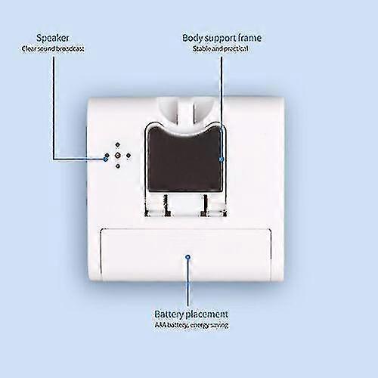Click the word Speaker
point(52,39)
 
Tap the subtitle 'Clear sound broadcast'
point(53,49)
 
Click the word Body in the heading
point(193,39)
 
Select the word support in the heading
point(221,39)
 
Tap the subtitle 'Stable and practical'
point(221,48)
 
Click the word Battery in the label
point(169,314)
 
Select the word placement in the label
point(206,314)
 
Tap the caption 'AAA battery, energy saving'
point(191,326)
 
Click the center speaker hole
point(117,156)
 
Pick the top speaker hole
point(117,144)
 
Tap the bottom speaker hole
point(118,166)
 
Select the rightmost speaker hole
point(129,156)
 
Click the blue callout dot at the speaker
point(106,159)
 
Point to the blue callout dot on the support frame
point(222,160)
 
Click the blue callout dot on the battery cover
point(187,257)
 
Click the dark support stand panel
point(184,159)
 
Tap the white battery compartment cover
point(186,255)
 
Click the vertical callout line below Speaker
point(54,108)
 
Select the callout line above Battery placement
point(187,282)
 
